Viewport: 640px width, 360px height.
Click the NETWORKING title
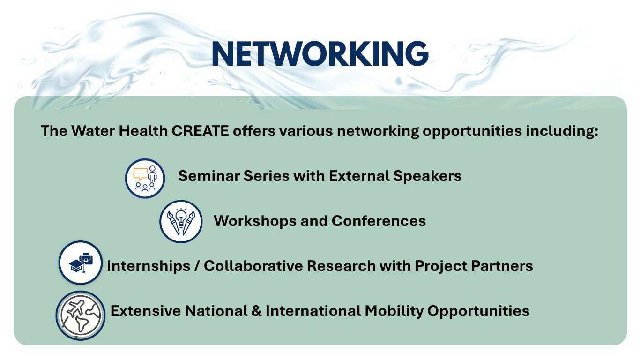point(320,54)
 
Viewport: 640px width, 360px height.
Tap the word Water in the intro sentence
point(93,131)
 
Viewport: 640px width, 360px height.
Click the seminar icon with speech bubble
point(145,179)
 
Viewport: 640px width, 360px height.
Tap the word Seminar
point(209,176)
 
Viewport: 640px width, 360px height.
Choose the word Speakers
point(427,176)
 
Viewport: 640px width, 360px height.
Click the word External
point(359,176)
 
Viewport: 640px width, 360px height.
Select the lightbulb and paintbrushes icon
point(181,222)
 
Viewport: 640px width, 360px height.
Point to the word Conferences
point(379,221)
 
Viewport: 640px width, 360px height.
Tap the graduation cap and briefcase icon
point(81,262)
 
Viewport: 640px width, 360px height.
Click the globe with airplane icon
point(81,315)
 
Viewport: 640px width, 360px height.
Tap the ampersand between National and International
point(257,311)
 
